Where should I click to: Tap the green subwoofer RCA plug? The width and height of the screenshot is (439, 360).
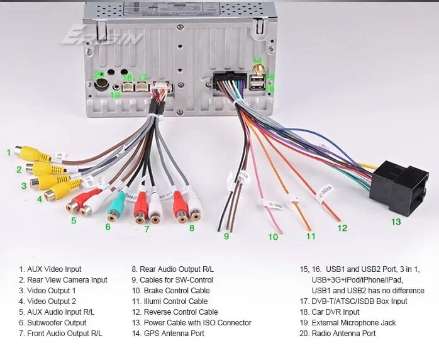click(116, 205)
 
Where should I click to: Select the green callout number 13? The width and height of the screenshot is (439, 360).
click(395, 222)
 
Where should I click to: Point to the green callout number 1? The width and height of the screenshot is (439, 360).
click(9, 152)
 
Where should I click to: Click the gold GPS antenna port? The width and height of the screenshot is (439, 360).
click(258, 68)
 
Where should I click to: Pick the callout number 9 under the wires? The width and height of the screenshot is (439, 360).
click(226, 236)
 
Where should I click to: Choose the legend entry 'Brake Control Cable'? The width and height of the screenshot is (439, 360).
click(170, 290)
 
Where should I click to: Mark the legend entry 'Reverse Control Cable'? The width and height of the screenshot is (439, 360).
click(174, 312)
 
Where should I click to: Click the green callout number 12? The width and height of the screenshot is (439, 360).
click(342, 228)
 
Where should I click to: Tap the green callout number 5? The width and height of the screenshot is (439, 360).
click(74, 220)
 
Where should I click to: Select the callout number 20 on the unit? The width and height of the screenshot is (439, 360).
click(99, 74)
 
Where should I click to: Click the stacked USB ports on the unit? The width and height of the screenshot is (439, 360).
click(257, 83)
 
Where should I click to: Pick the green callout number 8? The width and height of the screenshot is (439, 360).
click(192, 228)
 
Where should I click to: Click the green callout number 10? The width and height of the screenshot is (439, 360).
click(273, 237)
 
